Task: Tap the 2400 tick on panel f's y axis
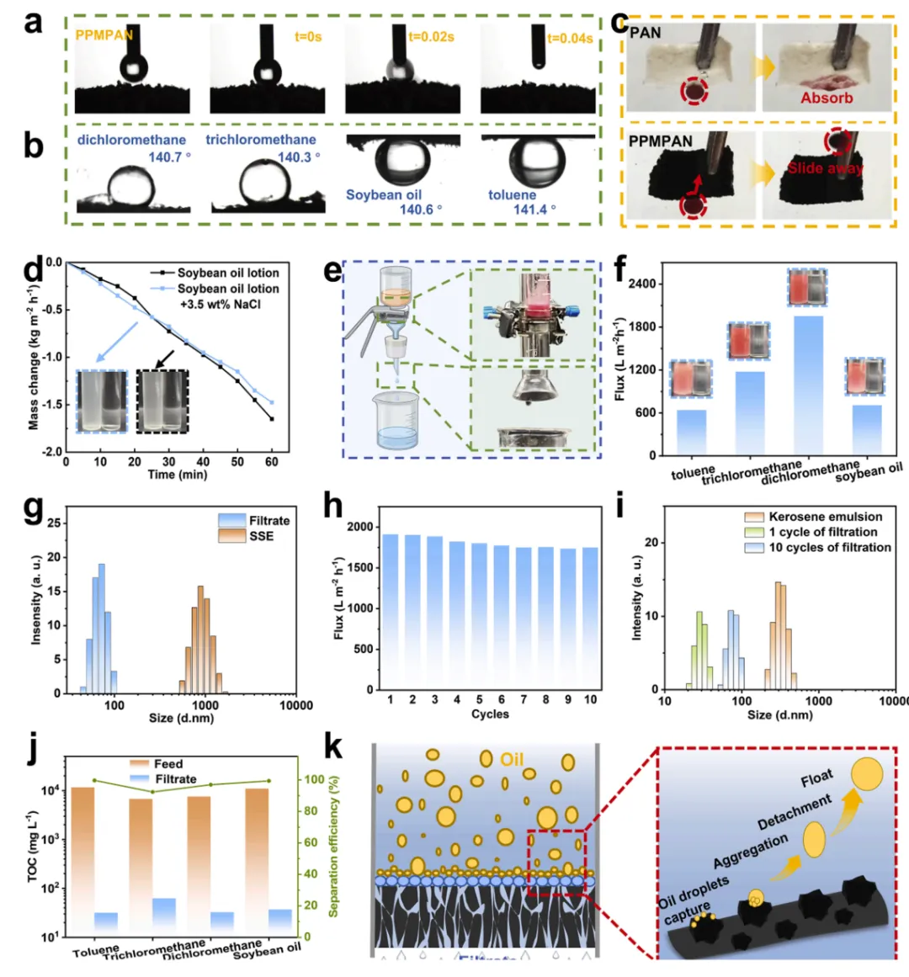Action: click(641, 284)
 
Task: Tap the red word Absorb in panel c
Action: click(827, 98)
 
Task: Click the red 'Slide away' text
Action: click(825, 168)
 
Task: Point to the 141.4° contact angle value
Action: click(534, 210)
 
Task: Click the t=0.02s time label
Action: click(431, 37)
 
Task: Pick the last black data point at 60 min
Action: click(272, 418)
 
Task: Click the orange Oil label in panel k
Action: click(512, 760)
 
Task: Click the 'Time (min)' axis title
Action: click(173, 475)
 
